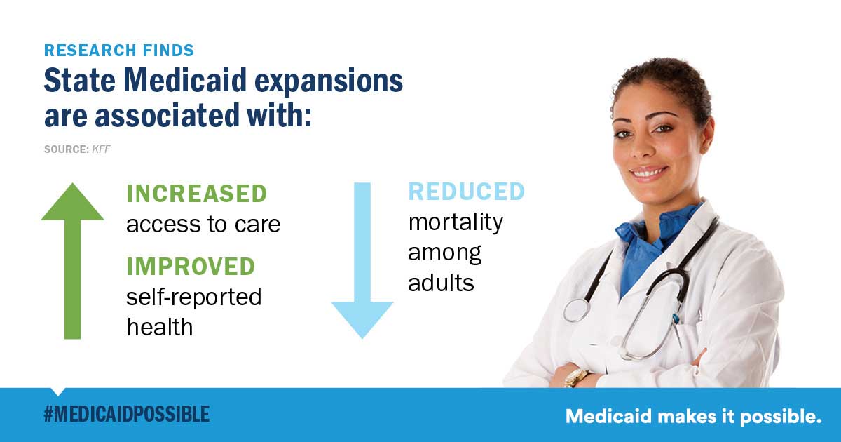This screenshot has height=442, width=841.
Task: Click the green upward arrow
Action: point(72,261)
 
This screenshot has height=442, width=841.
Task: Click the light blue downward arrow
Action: point(362,260)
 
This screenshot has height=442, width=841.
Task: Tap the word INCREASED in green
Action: point(197,194)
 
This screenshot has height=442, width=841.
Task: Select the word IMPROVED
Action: point(191,267)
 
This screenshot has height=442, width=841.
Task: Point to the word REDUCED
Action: point(467,192)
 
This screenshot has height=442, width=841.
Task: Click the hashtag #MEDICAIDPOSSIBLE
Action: point(127,414)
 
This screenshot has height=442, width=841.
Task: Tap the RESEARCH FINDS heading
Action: point(119,51)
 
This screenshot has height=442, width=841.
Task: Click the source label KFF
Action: point(101,149)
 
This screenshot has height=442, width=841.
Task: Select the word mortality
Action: point(456,222)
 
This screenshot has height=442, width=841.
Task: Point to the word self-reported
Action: point(193,297)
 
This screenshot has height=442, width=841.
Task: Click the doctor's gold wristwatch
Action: point(575,377)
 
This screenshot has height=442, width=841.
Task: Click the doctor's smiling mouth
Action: point(648,173)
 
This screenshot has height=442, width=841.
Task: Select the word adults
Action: point(441,283)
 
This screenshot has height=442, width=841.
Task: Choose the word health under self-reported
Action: point(160,327)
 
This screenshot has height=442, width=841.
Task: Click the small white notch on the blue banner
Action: point(57,391)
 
